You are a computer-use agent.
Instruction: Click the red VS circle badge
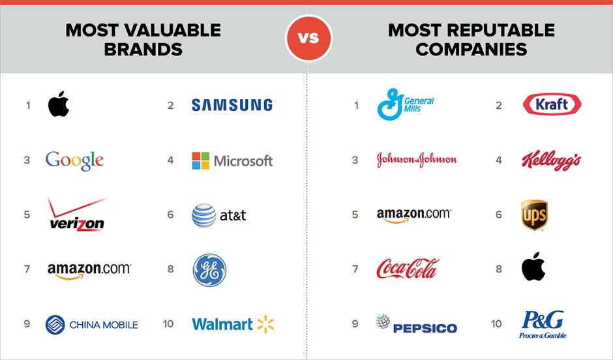(x=309, y=38)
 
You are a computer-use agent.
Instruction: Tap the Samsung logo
(x=232, y=105)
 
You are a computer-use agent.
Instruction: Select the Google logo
(x=75, y=160)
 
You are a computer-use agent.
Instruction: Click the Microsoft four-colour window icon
(x=201, y=160)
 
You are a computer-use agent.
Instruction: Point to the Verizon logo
(x=77, y=215)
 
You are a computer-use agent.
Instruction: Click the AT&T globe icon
(x=203, y=215)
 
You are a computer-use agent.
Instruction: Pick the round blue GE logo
(x=209, y=270)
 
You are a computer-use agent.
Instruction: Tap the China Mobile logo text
(x=104, y=325)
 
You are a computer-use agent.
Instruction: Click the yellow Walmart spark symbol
(x=266, y=324)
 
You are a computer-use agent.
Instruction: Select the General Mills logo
(x=406, y=104)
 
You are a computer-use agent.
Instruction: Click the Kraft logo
(x=552, y=104)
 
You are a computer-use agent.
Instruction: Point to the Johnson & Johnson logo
(x=417, y=160)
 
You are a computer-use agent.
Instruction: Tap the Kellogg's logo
(x=551, y=160)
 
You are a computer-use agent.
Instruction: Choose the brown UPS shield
(x=535, y=215)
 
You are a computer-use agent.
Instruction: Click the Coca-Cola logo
(x=408, y=269)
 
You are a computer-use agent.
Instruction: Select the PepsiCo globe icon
(x=383, y=322)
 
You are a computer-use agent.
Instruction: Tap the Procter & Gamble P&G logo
(x=543, y=324)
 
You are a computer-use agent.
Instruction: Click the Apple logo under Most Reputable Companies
(x=533, y=267)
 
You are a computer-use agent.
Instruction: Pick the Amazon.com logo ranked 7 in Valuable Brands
(x=89, y=271)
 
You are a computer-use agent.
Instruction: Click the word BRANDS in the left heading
(x=143, y=50)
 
